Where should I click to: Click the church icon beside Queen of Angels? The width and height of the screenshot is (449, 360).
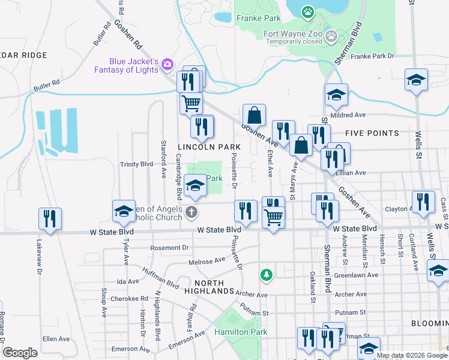click(191, 211)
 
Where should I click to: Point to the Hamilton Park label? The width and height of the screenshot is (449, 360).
click(241, 332)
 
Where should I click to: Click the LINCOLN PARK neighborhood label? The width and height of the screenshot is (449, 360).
click(209, 147)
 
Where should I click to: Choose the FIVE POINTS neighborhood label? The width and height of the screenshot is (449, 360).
click(372, 133)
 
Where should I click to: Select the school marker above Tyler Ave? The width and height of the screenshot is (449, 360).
click(124, 211)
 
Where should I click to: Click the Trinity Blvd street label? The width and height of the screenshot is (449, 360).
click(137, 164)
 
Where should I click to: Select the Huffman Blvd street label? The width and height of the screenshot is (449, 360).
click(161, 277)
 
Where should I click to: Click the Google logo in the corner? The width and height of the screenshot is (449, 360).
click(20, 352)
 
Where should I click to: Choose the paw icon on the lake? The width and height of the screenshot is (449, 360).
click(308, 11)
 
